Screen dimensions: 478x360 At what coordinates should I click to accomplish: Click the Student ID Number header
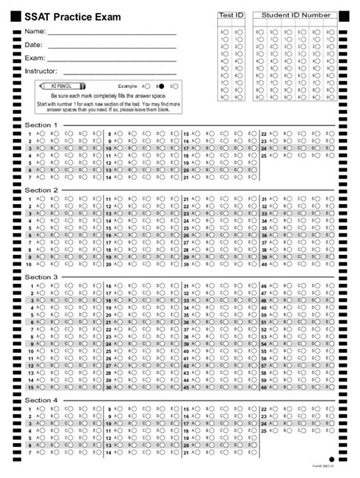click(295, 15)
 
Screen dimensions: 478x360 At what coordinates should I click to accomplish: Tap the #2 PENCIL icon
click(62, 86)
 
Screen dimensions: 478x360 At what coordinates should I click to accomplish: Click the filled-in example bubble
click(161, 86)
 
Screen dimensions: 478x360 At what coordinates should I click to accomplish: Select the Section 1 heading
click(41, 124)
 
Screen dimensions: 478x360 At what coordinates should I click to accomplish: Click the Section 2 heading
click(41, 190)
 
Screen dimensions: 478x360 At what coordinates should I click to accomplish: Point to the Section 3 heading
click(41, 277)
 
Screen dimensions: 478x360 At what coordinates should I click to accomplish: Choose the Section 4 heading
click(41, 400)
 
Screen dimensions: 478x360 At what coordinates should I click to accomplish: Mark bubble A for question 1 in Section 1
click(41, 134)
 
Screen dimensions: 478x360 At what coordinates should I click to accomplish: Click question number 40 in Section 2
click(264, 265)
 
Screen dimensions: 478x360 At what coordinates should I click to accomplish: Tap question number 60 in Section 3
click(264, 387)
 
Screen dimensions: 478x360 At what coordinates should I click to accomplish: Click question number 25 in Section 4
click(264, 430)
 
